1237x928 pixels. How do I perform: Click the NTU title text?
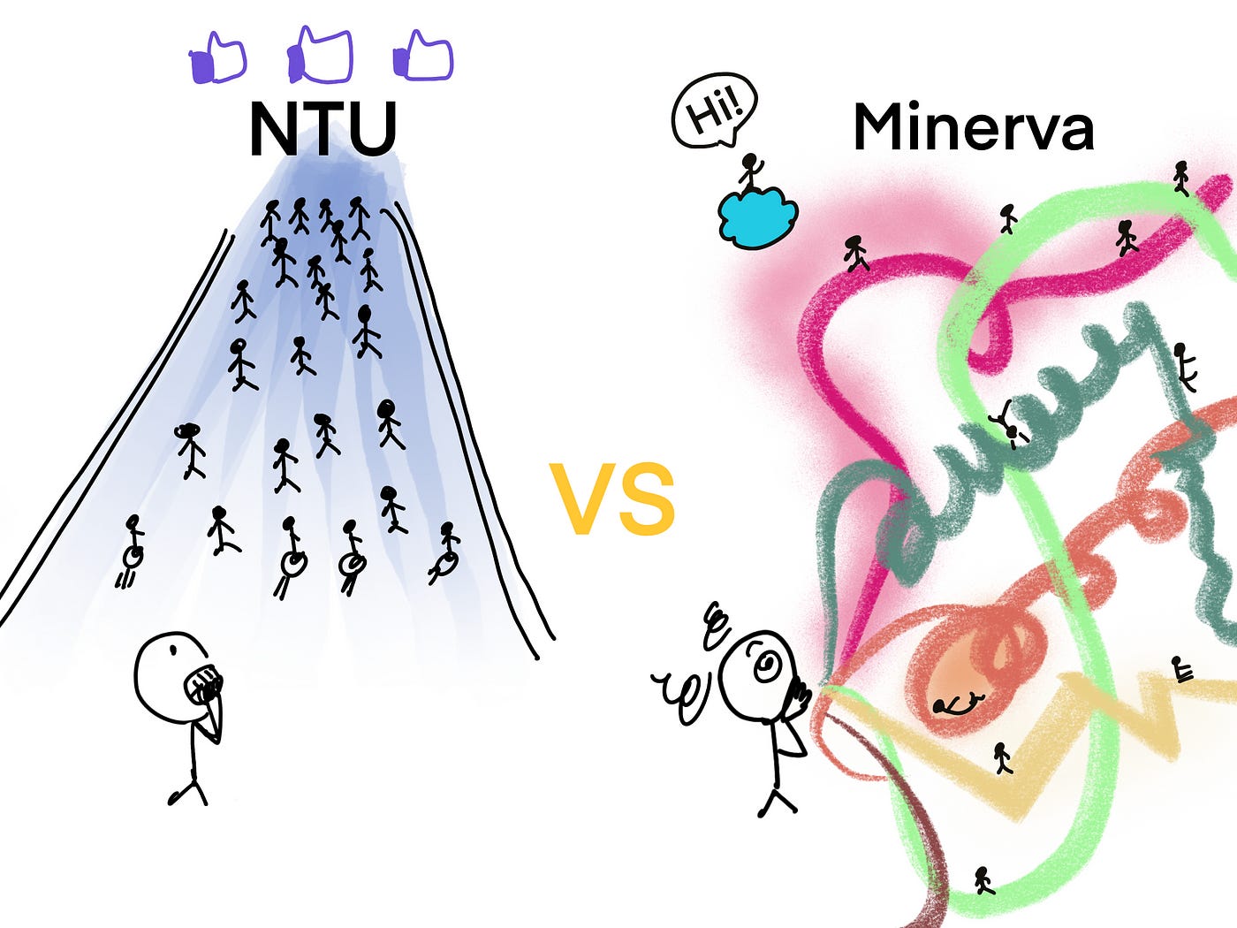(x=323, y=129)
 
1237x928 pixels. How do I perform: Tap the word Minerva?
(x=973, y=128)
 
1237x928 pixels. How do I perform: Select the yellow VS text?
(x=612, y=499)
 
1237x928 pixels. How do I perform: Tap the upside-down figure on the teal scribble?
(x=1006, y=422)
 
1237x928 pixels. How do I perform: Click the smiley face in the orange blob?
(x=959, y=704)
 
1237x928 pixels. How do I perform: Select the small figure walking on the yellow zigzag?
(x=1002, y=757)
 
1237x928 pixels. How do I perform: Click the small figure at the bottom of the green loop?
(x=983, y=879)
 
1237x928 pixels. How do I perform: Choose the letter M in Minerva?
(x=884, y=128)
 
